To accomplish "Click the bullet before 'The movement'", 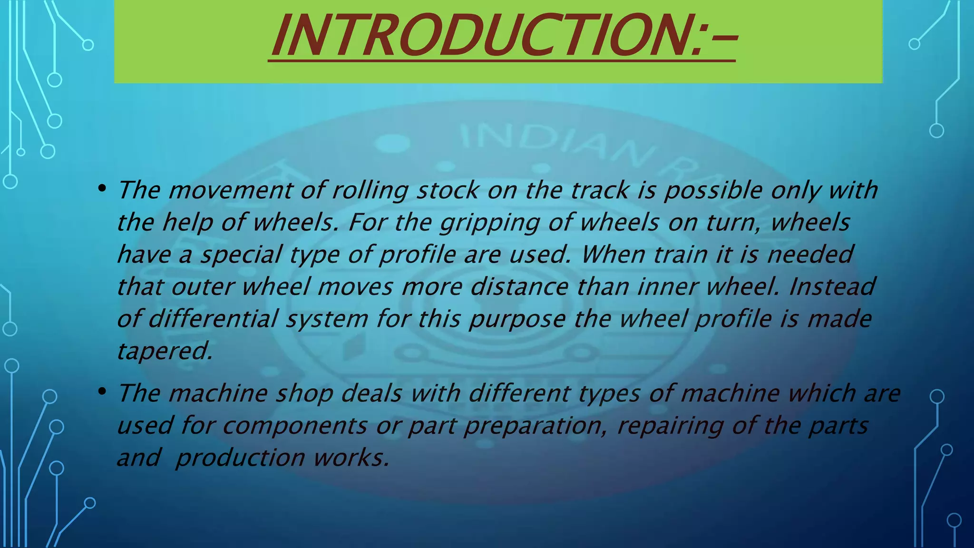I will point(101,189).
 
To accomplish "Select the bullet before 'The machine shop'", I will point(101,391).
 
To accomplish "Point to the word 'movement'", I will point(230,191).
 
